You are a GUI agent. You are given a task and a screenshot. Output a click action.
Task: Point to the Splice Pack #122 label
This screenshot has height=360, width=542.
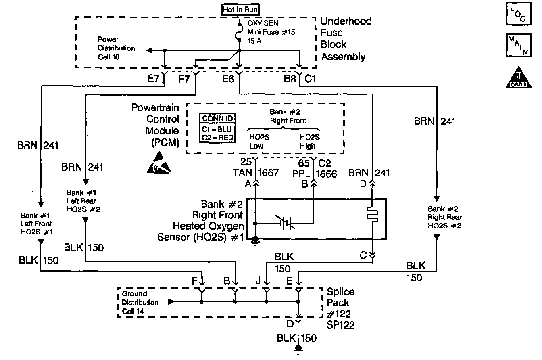click(x=341, y=308)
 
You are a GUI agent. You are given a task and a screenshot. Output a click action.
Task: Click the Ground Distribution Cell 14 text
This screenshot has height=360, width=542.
click(x=140, y=302)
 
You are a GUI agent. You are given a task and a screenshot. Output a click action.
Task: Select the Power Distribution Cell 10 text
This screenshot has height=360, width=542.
click(x=117, y=48)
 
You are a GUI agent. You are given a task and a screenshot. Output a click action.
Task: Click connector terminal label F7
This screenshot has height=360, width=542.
click(x=185, y=79)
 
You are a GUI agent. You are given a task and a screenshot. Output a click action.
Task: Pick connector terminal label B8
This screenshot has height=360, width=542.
click(x=290, y=79)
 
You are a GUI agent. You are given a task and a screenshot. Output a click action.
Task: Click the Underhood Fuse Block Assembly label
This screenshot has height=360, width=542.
click(x=346, y=39)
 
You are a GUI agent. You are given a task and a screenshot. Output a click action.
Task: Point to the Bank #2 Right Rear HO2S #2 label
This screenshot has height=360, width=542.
click(x=444, y=217)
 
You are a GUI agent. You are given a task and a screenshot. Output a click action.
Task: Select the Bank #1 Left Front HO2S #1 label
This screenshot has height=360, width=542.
click(x=36, y=224)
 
